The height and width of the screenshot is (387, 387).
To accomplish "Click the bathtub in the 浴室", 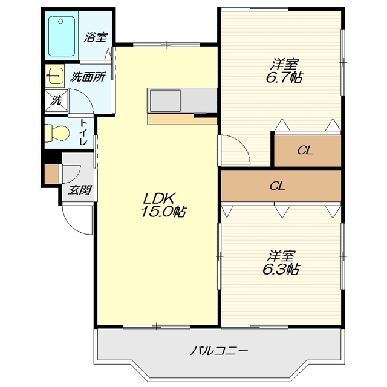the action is pyautogui.click(x=62, y=36).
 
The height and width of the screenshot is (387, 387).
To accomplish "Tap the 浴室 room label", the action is pyautogui.click(x=96, y=37).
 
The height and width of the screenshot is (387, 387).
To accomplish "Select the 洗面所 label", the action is pyautogui.click(x=88, y=77).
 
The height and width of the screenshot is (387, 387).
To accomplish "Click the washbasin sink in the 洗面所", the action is pyautogui.click(x=55, y=76).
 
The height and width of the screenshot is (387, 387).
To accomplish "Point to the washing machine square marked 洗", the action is pyautogui.click(x=56, y=101).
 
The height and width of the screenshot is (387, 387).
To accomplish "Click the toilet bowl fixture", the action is pyautogui.click(x=57, y=133).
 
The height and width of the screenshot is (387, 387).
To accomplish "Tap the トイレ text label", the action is pyautogui.click(x=83, y=132).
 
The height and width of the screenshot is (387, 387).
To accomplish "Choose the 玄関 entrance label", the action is pyautogui.click(x=80, y=190).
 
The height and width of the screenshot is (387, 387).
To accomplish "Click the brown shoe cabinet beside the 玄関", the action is pyautogui.click(x=52, y=174).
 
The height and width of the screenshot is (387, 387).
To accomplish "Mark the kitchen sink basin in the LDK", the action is pyautogui.click(x=165, y=101).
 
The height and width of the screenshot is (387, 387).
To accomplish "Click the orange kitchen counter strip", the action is pyautogui.click(x=182, y=119).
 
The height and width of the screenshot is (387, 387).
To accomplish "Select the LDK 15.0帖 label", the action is pyautogui.click(x=163, y=205).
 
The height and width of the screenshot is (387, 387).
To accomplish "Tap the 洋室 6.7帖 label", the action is pyautogui.click(x=284, y=71).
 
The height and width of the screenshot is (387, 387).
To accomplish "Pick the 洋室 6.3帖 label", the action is pyautogui.click(x=281, y=263).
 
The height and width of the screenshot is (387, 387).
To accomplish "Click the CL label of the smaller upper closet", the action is pyautogui.click(x=305, y=150).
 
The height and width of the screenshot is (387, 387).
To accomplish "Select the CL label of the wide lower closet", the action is pyautogui.click(x=278, y=186).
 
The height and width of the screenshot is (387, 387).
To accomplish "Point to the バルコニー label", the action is pyautogui.click(x=219, y=351).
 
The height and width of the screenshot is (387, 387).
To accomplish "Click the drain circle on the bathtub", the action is pyautogui.click(x=60, y=22).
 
